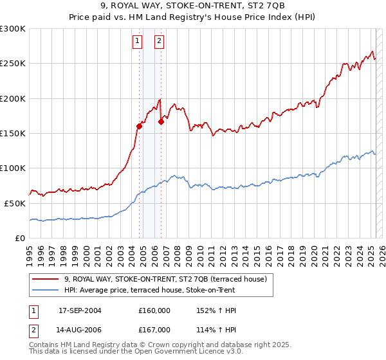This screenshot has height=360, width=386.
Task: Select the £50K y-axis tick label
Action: (x=15, y=203)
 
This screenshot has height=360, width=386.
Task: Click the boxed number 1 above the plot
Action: (x=138, y=40)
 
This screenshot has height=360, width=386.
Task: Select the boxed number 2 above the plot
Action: (x=159, y=40)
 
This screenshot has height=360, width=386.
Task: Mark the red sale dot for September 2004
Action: (x=139, y=127)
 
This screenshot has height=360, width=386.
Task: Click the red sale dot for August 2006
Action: (x=161, y=122)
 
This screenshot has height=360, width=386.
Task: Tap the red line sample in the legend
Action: (x=45, y=280)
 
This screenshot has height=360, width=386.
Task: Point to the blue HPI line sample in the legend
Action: (x=45, y=291)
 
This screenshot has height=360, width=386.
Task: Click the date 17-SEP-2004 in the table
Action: (x=80, y=310)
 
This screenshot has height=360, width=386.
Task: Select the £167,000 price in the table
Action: (x=154, y=330)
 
